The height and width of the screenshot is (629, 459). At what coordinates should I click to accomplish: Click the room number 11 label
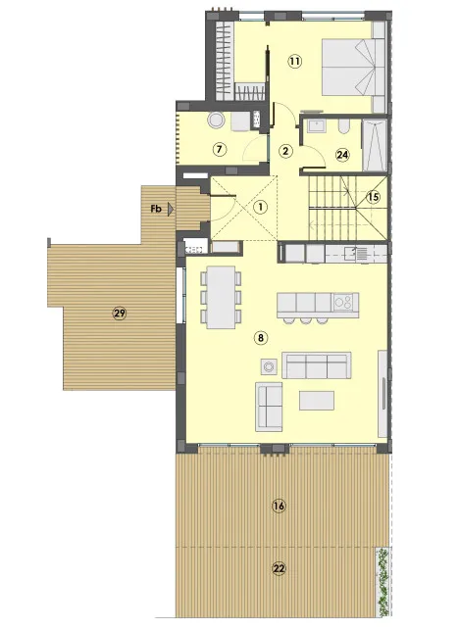(295, 62)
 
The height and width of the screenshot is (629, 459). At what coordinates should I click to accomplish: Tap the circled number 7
(220, 150)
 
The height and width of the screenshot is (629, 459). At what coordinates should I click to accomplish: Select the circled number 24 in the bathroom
(342, 155)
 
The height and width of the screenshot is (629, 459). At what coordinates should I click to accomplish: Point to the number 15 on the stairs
(374, 197)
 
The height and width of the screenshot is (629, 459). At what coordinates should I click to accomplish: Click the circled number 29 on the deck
(120, 313)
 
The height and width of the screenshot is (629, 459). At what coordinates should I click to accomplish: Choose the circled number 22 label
(279, 568)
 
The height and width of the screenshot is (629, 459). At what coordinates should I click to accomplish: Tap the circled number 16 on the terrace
(279, 506)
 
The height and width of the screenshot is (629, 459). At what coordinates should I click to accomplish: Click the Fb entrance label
(156, 209)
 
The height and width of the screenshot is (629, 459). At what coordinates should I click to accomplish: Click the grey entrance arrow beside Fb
(172, 209)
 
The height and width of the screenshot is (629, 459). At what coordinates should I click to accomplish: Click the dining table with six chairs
(222, 297)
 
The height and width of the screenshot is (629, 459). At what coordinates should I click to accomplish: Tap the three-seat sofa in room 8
(317, 365)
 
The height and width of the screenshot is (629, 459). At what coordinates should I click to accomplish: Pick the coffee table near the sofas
(317, 401)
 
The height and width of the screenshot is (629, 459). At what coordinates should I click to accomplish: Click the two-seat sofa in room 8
(269, 407)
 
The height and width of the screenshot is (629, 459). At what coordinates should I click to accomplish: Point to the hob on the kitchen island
(344, 302)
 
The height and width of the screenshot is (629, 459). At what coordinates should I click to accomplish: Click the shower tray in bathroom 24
(375, 145)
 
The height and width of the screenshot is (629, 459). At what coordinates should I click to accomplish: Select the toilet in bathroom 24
(344, 126)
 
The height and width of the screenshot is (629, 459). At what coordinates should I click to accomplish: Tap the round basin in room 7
(216, 120)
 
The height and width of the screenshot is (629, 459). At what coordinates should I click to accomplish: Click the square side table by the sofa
(269, 366)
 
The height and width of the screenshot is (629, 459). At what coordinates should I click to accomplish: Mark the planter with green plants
(382, 582)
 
